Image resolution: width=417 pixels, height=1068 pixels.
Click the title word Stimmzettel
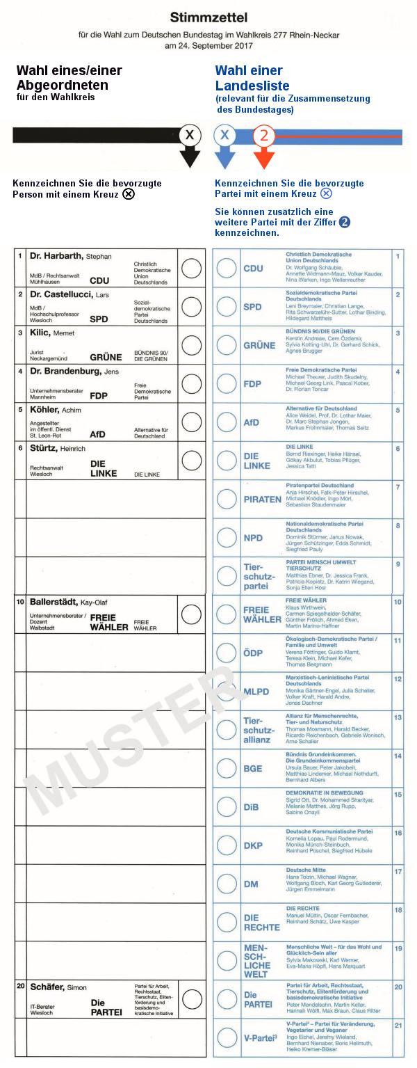pyautogui.click(x=208, y=17)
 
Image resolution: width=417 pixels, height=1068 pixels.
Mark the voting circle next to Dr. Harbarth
pyautogui.click(x=191, y=268)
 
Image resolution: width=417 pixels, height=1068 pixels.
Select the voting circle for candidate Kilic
pyautogui.click(x=191, y=345)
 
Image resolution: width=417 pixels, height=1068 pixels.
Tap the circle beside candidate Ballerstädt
pyautogui.click(x=191, y=614)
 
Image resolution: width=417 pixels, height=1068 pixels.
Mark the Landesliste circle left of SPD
pyautogui.click(x=227, y=306)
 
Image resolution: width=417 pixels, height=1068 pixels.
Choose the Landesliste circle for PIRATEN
pyautogui.click(x=227, y=499)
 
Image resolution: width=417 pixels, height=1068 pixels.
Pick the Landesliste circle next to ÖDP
pyautogui.click(x=227, y=653)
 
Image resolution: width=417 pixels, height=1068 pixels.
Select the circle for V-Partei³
pyautogui.click(x=227, y=1037)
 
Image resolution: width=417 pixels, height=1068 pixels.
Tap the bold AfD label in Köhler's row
pyautogui.click(x=98, y=434)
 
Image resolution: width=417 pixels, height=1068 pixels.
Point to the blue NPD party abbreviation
pyautogui.click(x=253, y=538)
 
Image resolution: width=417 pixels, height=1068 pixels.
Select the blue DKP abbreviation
pyautogui.click(x=253, y=845)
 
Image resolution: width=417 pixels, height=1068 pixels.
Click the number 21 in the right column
pyautogui.click(x=398, y=1026)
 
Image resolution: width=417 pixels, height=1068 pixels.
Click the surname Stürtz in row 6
pyautogui.click(x=44, y=448)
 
